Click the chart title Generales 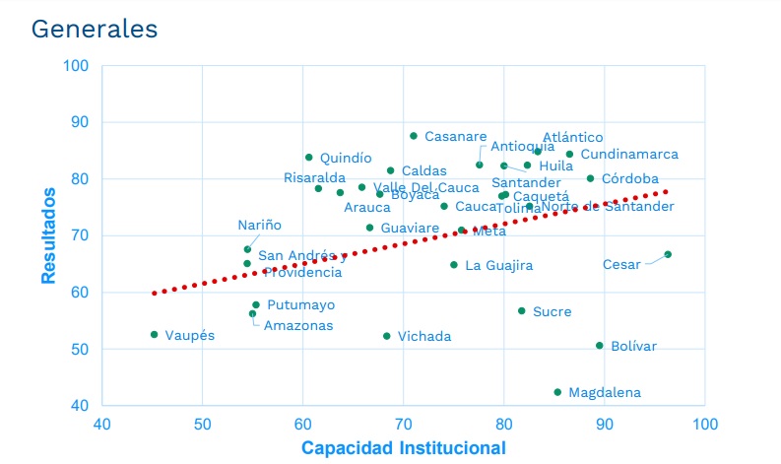pyautogui.click(x=95, y=29)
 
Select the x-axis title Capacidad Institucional pyautogui.click(x=403, y=448)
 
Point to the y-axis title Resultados pyautogui.click(x=48, y=235)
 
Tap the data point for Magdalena pyautogui.click(x=557, y=392)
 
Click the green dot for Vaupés pyautogui.click(x=155, y=335)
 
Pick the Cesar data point pyautogui.click(x=668, y=254)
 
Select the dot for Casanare pyautogui.click(x=414, y=136)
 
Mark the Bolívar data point pyautogui.click(x=599, y=346)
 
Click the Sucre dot pyautogui.click(x=522, y=311)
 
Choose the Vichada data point pyautogui.click(x=387, y=336)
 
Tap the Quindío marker pyautogui.click(x=309, y=158)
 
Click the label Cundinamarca pyautogui.click(x=628, y=155)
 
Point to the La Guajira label pyautogui.click(x=498, y=266)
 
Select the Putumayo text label pyautogui.click(x=300, y=305)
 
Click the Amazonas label pyautogui.click(x=299, y=326)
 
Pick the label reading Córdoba pyautogui.click(x=629, y=179)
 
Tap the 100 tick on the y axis pyautogui.click(x=76, y=66)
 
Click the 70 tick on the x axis pyautogui.click(x=404, y=424)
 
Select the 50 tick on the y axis pyautogui.click(x=79, y=350)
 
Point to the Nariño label pyautogui.click(x=259, y=226)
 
